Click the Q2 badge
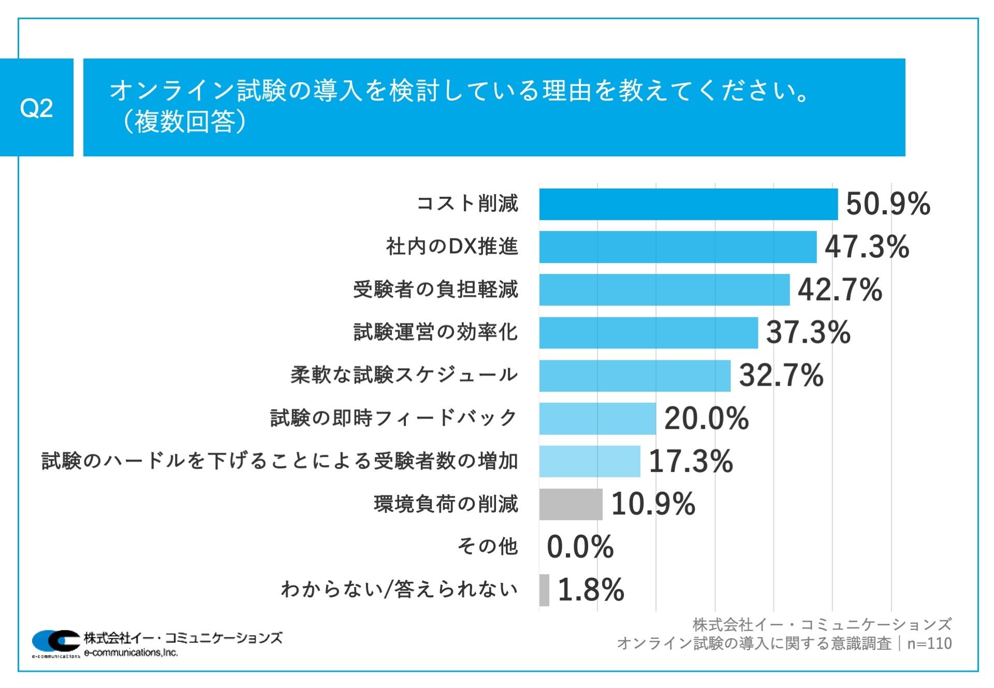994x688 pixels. click(x=36, y=108)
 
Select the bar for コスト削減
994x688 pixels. click(x=688, y=204)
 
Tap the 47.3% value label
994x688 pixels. click(x=867, y=246)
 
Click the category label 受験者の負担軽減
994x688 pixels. click(x=435, y=289)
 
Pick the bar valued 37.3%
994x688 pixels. click(x=648, y=332)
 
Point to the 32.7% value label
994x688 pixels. click(x=781, y=375)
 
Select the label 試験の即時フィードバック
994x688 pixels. click(x=393, y=418)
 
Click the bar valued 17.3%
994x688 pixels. click(x=589, y=461)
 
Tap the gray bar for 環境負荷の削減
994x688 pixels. click(x=571, y=504)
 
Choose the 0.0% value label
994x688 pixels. click(x=580, y=547)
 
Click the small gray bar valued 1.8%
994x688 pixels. click(x=544, y=590)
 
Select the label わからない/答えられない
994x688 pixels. click(x=399, y=590)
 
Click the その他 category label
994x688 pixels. click(x=487, y=547)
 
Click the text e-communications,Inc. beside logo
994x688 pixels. click(x=130, y=653)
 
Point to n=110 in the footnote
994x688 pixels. click(x=929, y=643)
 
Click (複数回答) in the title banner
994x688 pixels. click(x=183, y=122)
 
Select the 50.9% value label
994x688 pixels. click(x=888, y=203)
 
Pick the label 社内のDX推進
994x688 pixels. click(x=451, y=246)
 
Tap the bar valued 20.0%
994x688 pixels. click(x=597, y=418)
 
